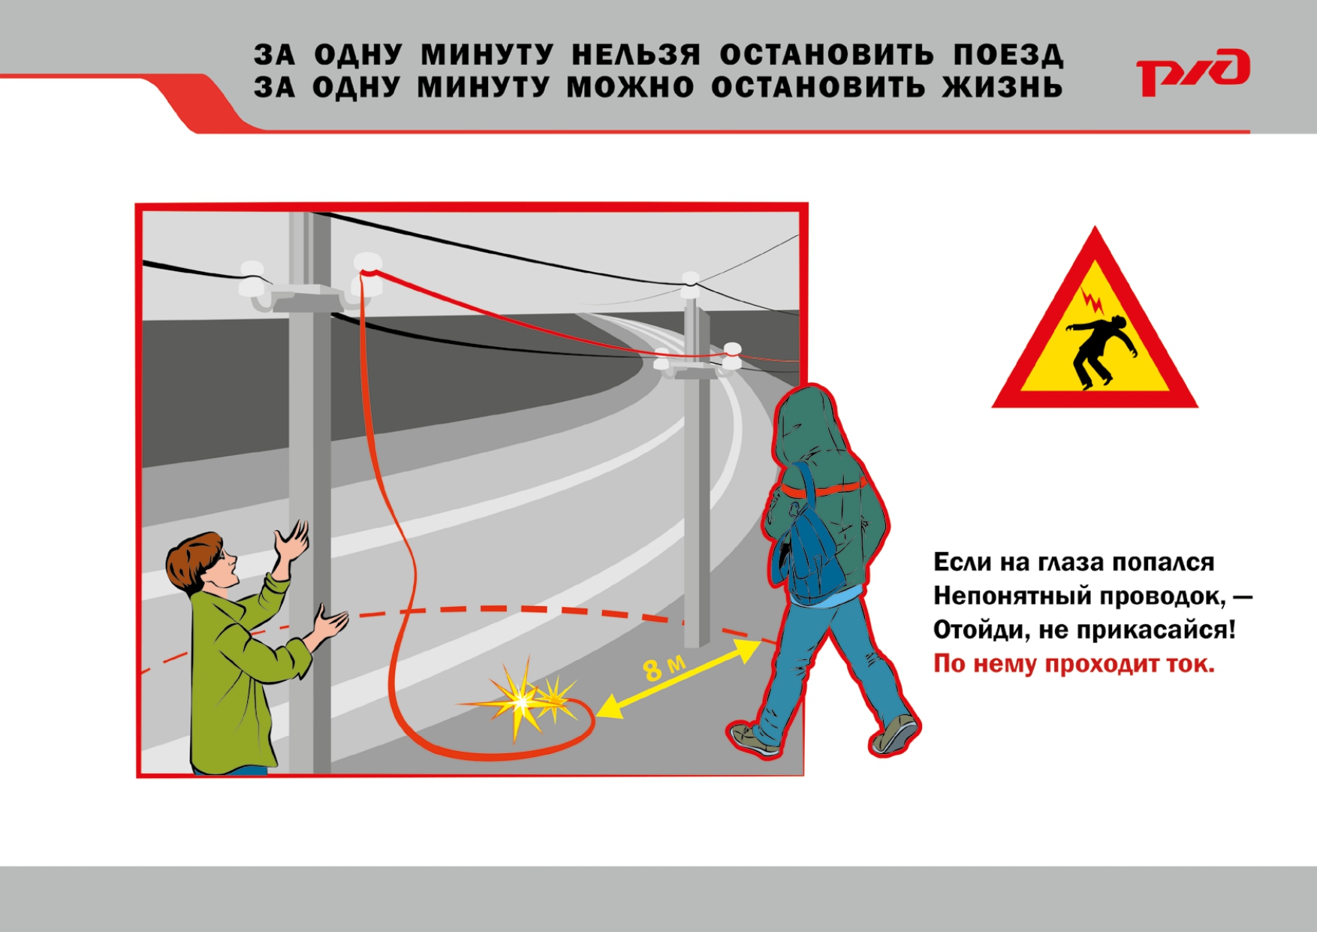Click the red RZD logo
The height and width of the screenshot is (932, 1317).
[1192, 72]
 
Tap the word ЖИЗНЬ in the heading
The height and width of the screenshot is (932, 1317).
[1003, 87]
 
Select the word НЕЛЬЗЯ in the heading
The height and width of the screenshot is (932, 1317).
[636, 55]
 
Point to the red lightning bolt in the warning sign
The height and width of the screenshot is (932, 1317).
[1092, 301]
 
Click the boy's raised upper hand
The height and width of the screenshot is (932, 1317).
[291, 539]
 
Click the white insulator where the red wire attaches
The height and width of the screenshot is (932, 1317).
[367, 263]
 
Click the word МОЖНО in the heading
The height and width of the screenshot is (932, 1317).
[631, 87]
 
